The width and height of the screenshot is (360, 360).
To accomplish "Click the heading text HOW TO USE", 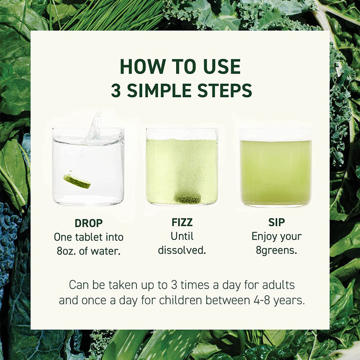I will click(180, 66).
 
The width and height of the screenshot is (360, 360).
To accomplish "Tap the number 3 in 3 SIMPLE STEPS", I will click(116, 91).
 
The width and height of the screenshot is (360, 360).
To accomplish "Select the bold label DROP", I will click(88, 223).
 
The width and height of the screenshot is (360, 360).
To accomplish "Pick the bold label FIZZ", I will click(181, 223).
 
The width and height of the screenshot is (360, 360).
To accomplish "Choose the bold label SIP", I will click(276, 223).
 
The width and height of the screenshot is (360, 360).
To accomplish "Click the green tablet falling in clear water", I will click(77, 181).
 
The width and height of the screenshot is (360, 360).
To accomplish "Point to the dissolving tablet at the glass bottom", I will click(188, 198).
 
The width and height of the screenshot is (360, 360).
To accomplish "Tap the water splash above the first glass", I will click(94, 127).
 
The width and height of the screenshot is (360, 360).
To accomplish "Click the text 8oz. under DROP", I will click(69, 251).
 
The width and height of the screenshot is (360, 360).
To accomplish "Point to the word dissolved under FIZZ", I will click(182, 251).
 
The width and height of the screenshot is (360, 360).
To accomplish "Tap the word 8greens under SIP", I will click(276, 251).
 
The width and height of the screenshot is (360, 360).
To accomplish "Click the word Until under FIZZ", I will click(181, 237).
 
